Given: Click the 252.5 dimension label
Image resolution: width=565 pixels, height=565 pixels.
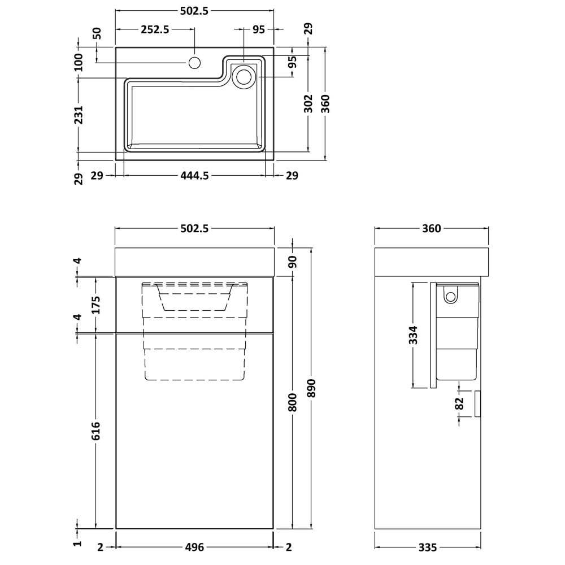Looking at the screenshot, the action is (155, 29).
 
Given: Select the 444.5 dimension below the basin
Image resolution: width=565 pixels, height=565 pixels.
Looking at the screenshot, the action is (194, 176).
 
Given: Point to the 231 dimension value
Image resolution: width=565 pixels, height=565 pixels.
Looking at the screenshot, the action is (79, 115).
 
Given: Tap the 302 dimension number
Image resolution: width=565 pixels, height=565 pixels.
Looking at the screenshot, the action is (308, 103).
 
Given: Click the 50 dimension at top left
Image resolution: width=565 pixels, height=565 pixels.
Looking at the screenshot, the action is (97, 33).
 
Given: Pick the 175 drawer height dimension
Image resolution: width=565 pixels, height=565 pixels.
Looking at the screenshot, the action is (96, 305).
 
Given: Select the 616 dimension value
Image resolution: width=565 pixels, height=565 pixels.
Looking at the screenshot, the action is (96, 431).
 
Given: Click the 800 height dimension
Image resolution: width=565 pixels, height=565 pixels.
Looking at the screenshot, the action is (293, 402).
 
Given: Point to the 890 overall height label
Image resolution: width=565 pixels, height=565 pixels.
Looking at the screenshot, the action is (312, 388).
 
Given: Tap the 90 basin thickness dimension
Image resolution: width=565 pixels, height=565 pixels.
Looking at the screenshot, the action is (293, 261).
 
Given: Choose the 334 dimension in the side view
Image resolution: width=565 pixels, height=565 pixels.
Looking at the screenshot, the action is (414, 334).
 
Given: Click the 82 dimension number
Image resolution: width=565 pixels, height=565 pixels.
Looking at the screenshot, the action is (459, 403).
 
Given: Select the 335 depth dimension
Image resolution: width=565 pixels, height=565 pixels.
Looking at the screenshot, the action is (428, 547).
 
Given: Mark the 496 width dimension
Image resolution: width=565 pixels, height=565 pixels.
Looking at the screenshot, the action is (194, 547).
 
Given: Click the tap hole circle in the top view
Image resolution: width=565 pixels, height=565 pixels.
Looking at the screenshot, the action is (194, 63).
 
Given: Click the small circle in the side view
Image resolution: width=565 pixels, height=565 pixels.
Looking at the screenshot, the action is (450, 297).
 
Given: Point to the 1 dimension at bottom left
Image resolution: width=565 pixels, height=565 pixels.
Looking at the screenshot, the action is (78, 544).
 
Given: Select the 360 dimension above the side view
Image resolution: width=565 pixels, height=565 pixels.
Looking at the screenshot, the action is (431, 228).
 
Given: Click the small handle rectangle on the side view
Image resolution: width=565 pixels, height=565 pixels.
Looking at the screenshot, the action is (478, 404).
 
